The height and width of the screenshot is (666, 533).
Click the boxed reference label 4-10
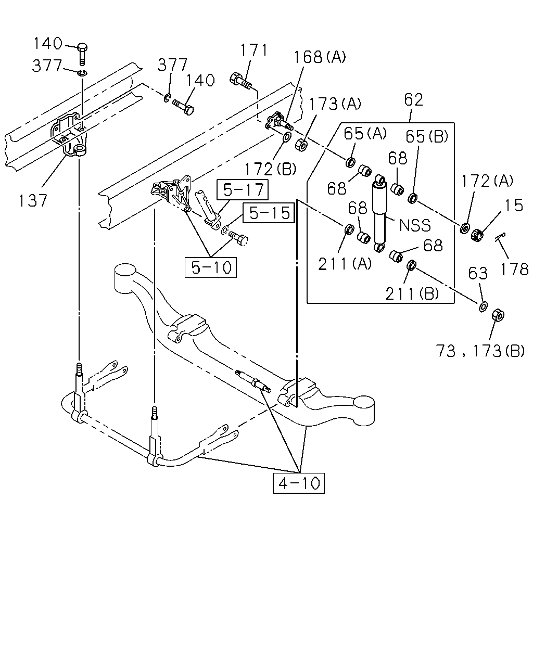(x=299, y=483)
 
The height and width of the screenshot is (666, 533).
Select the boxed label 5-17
(x=243, y=189)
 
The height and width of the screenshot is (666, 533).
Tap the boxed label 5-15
(x=269, y=213)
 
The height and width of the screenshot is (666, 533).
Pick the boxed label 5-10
(x=211, y=267)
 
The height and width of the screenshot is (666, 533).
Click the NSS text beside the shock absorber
(x=415, y=225)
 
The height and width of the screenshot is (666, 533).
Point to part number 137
(x=33, y=200)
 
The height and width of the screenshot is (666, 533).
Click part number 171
(x=253, y=50)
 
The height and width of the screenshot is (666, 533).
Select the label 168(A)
(x=319, y=57)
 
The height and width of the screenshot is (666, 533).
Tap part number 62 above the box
(x=413, y=100)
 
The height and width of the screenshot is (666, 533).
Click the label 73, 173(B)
(x=480, y=351)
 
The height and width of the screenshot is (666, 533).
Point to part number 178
(x=514, y=268)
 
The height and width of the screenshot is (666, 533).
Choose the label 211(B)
(x=412, y=293)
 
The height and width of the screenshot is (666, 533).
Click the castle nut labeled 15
(x=477, y=235)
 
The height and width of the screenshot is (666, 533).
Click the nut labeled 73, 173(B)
(x=498, y=315)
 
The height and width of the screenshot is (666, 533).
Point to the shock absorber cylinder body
(x=379, y=216)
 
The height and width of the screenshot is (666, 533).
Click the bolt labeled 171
(x=240, y=80)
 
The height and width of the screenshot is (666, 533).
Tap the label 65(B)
(x=427, y=136)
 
